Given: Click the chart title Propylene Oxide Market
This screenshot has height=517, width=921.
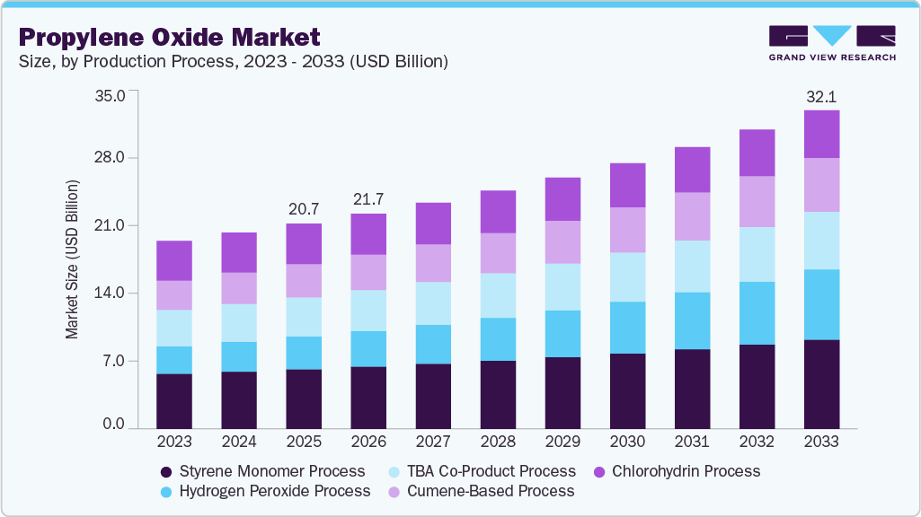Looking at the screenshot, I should [169, 38].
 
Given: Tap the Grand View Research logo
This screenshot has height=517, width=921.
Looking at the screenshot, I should [832, 42].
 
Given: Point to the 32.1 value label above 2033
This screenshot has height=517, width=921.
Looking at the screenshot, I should [821, 97].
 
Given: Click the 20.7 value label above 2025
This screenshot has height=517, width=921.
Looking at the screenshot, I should [304, 209].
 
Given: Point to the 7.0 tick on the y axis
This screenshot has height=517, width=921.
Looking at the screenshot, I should [115, 362].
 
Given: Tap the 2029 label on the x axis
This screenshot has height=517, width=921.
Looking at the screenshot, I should [562, 442].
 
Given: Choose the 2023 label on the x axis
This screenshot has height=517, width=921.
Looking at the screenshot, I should [174, 442].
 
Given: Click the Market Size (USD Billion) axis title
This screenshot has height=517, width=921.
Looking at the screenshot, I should [72, 259].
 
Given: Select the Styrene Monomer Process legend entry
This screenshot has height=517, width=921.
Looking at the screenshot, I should [262, 471].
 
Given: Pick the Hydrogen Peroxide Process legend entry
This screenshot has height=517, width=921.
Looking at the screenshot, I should [264, 491].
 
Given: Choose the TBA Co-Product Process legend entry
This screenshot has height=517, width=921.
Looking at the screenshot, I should [491, 471].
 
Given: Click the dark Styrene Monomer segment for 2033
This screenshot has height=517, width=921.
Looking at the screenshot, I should [821, 384].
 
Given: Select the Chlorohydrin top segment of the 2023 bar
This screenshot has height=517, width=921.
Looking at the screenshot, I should [174, 260].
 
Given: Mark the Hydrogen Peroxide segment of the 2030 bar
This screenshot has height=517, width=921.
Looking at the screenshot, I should [627, 328].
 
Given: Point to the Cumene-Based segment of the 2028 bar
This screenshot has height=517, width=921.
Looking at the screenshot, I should [498, 253].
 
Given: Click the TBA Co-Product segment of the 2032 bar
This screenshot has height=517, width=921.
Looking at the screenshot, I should [757, 254].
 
